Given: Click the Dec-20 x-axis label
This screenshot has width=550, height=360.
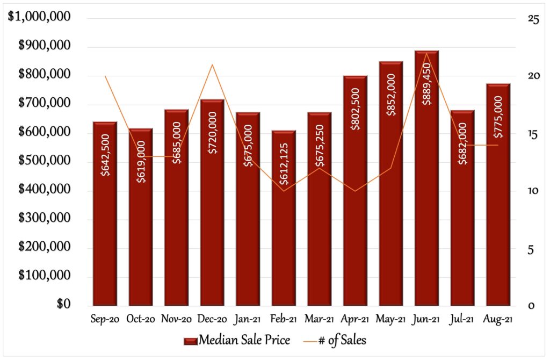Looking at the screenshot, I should pos(212,320).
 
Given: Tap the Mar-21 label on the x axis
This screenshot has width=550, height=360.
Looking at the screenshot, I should pos(319,320).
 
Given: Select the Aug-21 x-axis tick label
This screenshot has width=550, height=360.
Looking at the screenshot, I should pos(498,320).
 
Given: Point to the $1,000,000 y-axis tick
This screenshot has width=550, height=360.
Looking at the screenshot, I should pos(39,17).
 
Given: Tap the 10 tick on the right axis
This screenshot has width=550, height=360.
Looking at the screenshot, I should pos(533,191).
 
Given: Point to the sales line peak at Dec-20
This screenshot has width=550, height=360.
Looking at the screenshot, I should pos(212,64).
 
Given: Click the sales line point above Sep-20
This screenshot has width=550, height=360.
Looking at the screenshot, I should pos(105,76).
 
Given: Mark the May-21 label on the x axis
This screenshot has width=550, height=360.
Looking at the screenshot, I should pos(390,320).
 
